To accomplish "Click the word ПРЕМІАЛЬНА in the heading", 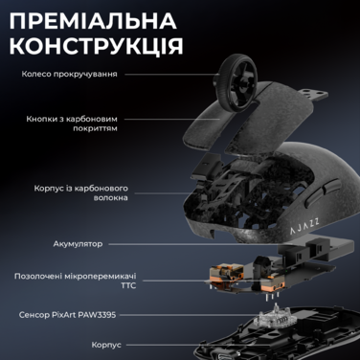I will click(x=111, y=21).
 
